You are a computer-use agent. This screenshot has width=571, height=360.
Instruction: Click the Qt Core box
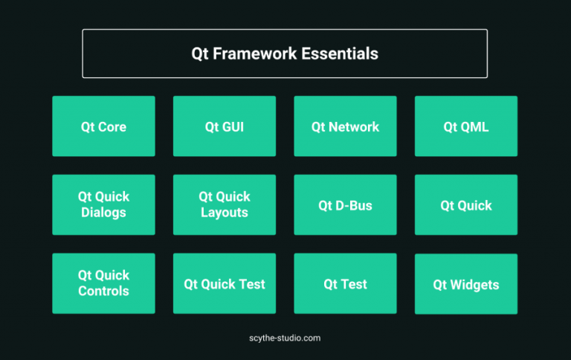(x=104, y=126)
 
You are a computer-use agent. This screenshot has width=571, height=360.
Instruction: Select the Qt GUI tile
(x=225, y=126)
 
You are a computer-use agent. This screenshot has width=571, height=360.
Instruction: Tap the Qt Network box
(x=345, y=126)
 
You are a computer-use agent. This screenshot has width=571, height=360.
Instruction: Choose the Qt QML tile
(x=466, y=126)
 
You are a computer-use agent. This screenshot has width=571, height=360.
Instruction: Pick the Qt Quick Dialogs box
(x=104, y=205)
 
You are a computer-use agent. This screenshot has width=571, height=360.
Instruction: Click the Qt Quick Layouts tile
(x=225, y=205)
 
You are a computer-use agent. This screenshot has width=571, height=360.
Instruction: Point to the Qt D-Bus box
(x=345, y=205)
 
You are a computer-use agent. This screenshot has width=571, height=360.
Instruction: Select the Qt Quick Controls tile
(x=104, y=283)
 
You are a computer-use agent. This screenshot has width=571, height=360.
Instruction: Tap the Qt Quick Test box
(x=225, y=283)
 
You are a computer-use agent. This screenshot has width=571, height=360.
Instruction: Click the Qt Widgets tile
(x=466, y=284)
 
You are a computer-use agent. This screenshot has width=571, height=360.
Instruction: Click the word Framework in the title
(x=255, y=54)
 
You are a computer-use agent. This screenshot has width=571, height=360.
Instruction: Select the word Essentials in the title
(x=340, y=54)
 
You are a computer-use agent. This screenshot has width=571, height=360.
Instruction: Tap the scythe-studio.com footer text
(x=285, y=338)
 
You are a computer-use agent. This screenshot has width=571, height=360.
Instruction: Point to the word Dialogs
(x=103, y=213)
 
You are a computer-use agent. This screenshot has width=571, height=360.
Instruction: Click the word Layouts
(x=225, y=213)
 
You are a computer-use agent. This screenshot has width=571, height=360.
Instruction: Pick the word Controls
(x=104, y=291)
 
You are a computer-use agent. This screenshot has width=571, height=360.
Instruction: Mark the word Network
(x=354, y=126)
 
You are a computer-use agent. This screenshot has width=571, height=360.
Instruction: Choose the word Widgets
(x=474, y=285)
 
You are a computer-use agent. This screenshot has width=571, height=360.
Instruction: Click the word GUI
(x=233, y=126)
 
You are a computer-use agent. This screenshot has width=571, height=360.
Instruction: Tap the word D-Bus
(x=354, y=205)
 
